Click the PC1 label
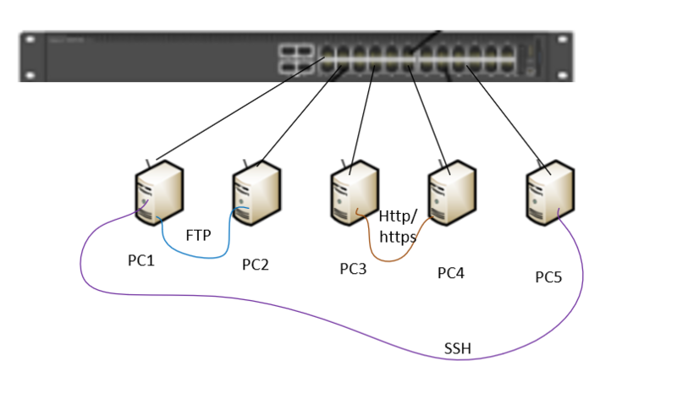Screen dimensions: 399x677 click(x=141, y=260)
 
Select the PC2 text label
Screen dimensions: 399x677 click(x=255, y=265)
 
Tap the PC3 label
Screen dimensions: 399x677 click(x=353, y=269)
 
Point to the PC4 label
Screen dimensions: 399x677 click(x=451, y=273)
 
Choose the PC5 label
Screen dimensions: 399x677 click(x=548, y=276)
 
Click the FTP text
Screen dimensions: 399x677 click(x=198, y=234)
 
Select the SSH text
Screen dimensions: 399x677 click(x=458, y=348)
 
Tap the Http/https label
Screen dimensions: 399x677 click(x=398, y=227)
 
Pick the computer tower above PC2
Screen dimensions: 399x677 click(x=256, y=194)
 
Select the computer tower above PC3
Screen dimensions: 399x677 click(x=355, y=197)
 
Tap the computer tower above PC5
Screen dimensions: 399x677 click(x=550, y=195)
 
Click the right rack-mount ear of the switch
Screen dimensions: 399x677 click(x=561, y=57)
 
